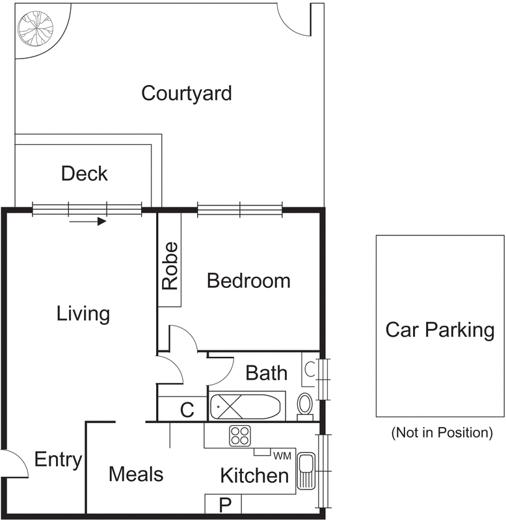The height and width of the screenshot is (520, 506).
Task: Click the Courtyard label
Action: pyautogui.click(x=187, y=93)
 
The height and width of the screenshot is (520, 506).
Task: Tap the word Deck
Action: pyautogui.click(x=84, y=174)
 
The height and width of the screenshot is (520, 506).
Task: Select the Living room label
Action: pyautogui.click(x=83, y=314)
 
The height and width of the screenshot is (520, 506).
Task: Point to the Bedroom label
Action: pyautogui.click(x=248, y=281)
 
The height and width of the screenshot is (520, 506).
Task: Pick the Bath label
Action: pyautogui.click(x=266, y=373)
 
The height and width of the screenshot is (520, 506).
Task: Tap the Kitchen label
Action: pyautogui.click(x=254, y=475)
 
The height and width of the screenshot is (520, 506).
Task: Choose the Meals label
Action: pyautogui.click(x=136, y=474)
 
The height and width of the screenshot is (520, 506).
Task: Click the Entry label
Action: pyautogui.click(x=58, y=460)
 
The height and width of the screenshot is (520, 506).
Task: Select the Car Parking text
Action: pyautogui.click(x=440, y=330)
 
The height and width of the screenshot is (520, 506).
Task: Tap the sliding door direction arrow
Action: pyautogui.click(x=87, y=222)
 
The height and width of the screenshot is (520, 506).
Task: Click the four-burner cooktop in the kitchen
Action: pyautogui.click(x=239, y=435)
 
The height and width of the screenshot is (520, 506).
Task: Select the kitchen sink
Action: pyautogui.click(x=305, y=472)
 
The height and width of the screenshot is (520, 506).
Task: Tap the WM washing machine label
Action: pyautogui.click(x=282, y=454)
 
